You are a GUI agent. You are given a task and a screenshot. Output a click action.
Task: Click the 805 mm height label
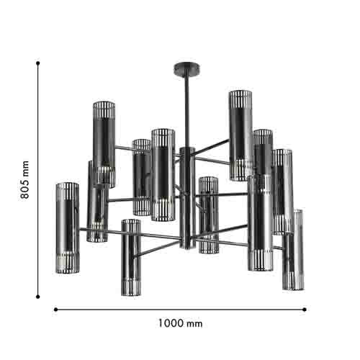coord(24,179)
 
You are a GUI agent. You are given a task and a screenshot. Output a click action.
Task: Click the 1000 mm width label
coord(179,323)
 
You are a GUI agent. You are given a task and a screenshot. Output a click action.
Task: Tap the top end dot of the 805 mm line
coord(38,63)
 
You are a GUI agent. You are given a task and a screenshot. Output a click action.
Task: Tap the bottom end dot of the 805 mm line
coord(38,295)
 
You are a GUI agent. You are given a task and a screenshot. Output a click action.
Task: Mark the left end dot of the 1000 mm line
coord(55,310)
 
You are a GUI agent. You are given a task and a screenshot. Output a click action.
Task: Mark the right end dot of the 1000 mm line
coord(305,310)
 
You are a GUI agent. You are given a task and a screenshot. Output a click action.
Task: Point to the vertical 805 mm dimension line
coord(38,216)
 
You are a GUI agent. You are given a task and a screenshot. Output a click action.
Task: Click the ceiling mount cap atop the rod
coord(179,68)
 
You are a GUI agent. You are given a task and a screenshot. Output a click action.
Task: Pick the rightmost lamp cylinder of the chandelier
coord(292,250)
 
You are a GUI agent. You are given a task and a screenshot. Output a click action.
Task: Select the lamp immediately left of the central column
coord(163,174)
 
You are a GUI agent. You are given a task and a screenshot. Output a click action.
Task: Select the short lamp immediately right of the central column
coord(208,215)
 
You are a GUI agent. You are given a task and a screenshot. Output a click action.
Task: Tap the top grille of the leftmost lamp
coord(67,191)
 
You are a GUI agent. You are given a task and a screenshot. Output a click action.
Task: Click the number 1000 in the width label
coord(170,323)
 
